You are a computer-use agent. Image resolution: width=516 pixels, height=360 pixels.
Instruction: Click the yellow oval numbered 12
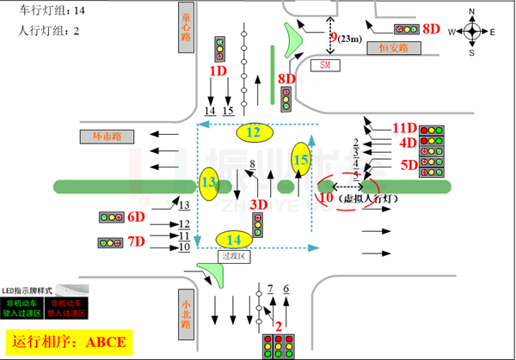(253, 132)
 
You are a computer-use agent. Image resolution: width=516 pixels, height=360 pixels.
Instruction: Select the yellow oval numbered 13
(209, 182)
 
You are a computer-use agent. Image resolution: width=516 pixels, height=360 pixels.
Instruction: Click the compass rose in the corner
(472, 32)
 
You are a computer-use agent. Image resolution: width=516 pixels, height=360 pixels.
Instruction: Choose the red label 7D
(136, 242)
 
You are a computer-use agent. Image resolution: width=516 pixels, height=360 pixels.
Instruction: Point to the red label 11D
(403, 128)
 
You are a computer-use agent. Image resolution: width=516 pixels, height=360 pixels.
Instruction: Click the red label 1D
(217, 70)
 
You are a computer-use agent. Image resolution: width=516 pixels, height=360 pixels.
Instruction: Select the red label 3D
(257, 204)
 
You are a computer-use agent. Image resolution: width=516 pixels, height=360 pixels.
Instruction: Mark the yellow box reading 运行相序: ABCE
(71, 342)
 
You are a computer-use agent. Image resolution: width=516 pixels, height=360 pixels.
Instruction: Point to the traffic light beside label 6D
(109, 218)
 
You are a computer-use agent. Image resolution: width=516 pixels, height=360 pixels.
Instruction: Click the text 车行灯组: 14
(52, 10)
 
